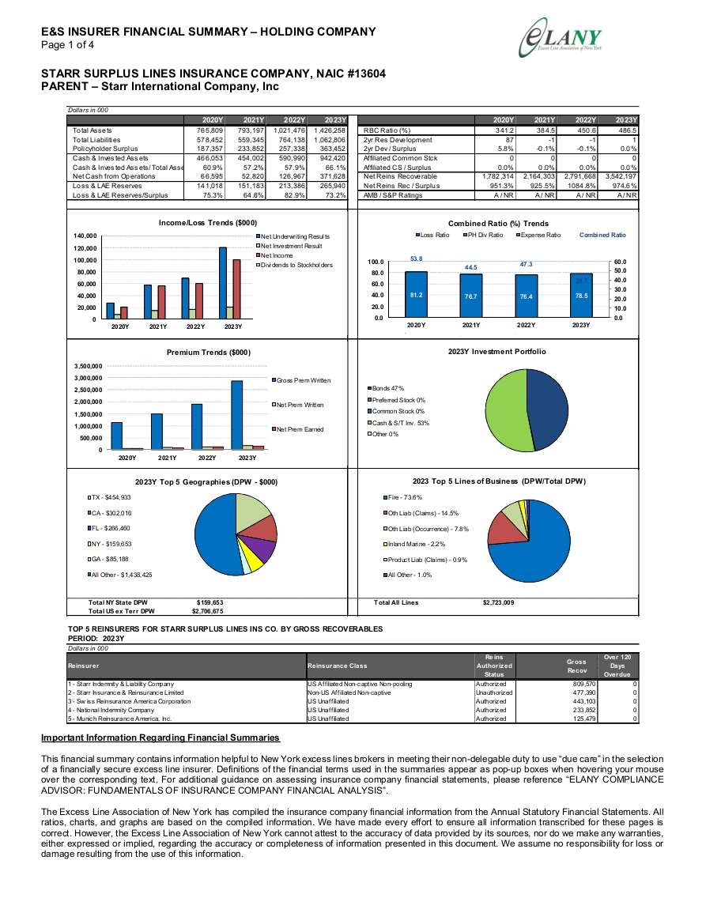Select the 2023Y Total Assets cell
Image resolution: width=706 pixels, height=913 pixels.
coord(330,130)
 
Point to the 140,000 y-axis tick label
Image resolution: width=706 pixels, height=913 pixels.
coord(85,236)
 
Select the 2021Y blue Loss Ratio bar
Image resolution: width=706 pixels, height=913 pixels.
coord(470,296)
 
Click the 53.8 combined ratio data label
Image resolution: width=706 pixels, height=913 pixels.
coord(416,258)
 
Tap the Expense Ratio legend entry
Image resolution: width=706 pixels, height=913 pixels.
coord(538,236)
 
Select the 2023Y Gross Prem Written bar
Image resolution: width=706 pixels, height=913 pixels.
coord(236,415)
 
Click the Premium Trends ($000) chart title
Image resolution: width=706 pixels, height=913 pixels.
coord(209,353)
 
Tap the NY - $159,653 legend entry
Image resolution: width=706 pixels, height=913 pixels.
coord(110,544)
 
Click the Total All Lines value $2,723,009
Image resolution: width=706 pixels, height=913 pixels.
coord(499,602)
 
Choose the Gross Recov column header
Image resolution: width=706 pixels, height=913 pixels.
coord(576,666)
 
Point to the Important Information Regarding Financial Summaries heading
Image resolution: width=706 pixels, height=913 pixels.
coord(160,738)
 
